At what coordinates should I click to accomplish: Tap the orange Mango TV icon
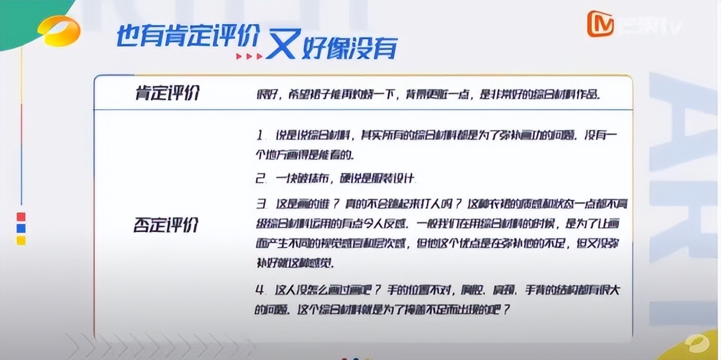[600, 24]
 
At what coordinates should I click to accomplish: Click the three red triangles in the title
[249, 56]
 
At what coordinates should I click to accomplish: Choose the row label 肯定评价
[167, 93]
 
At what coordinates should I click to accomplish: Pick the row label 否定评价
[166, 225]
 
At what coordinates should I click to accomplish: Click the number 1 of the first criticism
[260, 136]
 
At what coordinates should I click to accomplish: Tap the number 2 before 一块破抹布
[260, 179]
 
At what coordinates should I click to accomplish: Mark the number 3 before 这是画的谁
[260, 203]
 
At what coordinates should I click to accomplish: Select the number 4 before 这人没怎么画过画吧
[260, 290]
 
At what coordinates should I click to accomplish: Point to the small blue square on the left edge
[21, 228]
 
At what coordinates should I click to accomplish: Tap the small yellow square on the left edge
[21, 240]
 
